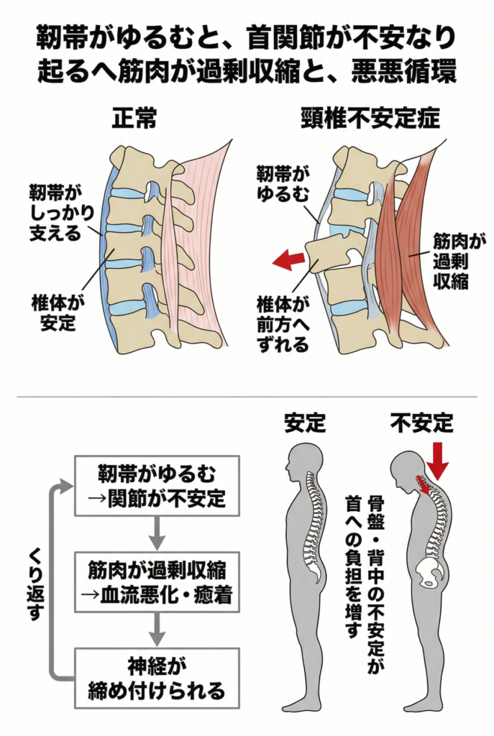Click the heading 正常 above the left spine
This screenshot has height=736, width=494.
[x=134, y=119]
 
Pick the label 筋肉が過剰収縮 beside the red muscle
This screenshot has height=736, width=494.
[x=450, y=259]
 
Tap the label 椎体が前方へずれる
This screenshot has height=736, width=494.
[x=283, y=324]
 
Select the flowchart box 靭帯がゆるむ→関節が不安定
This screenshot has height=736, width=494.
[x=157, y=485]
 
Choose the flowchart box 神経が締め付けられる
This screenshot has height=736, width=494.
[x=157, y=678]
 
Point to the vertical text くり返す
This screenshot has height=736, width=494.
[x=34, y=579]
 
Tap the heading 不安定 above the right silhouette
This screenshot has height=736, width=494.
[x=421, y=423]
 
